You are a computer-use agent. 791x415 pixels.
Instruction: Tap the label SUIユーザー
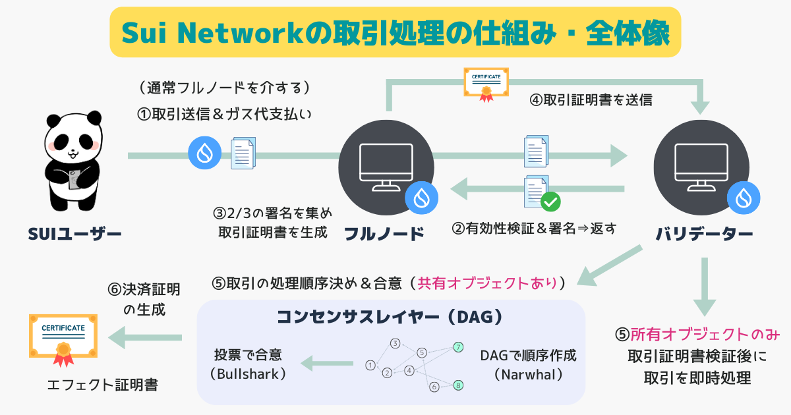pos(74,234)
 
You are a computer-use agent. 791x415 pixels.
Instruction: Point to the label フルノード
pos(384,234)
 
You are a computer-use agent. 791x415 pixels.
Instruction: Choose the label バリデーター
pos(705,234)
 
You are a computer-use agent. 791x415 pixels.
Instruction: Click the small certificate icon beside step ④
pos(486,84)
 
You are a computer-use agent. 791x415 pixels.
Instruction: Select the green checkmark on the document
pos(550,201)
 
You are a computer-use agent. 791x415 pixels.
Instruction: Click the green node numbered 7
pos(458,346)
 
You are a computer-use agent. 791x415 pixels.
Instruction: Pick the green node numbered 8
pos(458,385)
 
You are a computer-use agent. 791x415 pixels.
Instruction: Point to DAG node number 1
pos(370,365)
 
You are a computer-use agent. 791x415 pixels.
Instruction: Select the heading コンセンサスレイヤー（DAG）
pos(390,318)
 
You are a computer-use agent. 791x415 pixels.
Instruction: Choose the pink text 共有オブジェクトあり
pos(488,283)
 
